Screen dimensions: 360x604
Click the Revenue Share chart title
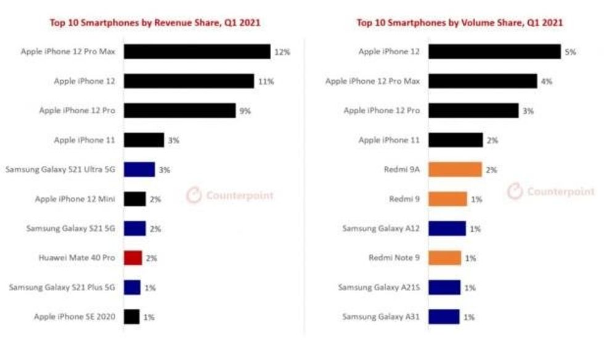point(155,23)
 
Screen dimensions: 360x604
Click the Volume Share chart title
point(460,23)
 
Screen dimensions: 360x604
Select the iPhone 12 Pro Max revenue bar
point(197,52)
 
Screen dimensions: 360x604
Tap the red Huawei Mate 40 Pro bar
point(133,258)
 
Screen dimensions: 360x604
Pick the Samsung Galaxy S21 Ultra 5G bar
point(139,170)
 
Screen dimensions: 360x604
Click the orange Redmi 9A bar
point(455,170)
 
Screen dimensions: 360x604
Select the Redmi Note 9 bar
point(444,258)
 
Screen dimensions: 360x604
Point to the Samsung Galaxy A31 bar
point(444,317)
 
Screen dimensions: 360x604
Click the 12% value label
point(282,52)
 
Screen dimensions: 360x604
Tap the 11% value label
point(266,81)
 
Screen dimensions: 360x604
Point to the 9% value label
point(245,111)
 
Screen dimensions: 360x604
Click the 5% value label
point(570,52)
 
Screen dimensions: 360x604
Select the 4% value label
point(546,81)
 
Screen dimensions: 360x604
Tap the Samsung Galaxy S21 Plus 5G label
point(61,287)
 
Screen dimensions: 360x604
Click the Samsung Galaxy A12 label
point(381,228)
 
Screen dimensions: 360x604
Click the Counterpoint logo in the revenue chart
point(230,195)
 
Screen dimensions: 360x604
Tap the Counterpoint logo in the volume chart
point(551,192)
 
